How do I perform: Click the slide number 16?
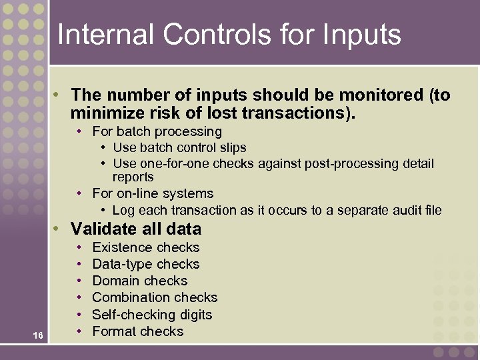[38, 335]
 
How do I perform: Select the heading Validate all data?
[135, 229]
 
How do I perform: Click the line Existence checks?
[145, 247]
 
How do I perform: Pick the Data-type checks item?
[145, 264]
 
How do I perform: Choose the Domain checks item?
[139, 281]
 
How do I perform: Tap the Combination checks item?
[155, 297]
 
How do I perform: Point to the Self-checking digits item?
[152, 315]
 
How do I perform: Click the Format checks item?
[137, 331]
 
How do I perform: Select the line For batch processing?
[157, 131]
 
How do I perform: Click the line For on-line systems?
[153, 193]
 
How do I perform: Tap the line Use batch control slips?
[179, 147]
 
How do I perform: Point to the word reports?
[133, 177]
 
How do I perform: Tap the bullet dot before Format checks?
[80, 331]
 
